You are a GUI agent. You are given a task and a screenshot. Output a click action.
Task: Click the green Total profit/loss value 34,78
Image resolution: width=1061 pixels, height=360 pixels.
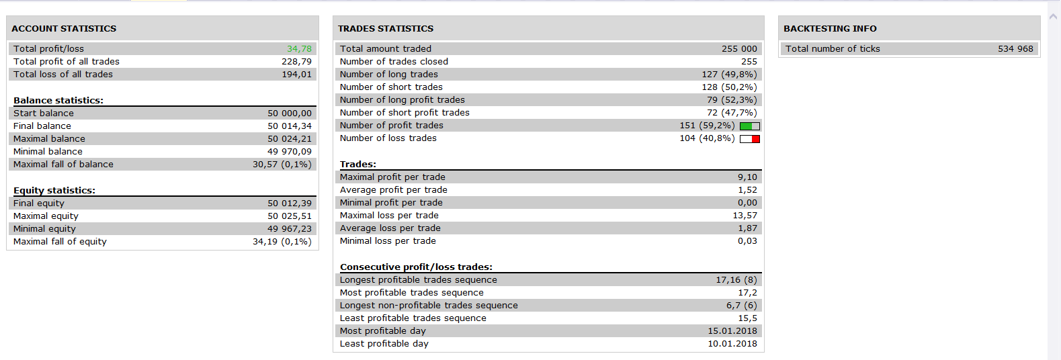[300, 49]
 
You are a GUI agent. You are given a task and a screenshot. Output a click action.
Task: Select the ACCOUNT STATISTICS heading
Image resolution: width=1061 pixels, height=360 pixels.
[64, 28]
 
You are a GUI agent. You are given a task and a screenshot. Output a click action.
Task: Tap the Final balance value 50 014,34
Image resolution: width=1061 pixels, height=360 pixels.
[290, 126]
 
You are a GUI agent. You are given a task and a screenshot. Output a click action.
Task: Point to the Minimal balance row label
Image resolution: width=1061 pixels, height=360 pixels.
[48, 152]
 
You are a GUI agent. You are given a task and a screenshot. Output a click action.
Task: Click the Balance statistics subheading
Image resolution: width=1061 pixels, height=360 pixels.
[58, 101]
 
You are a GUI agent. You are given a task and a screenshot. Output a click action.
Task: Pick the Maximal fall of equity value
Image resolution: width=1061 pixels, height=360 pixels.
[282, 242]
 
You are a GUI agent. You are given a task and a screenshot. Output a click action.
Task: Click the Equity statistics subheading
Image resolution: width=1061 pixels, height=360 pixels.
[54, 191]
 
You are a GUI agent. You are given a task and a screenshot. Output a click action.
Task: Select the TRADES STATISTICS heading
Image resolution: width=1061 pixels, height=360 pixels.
[386, 28]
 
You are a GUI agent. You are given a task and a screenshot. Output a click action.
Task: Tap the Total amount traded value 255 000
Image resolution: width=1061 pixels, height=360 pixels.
[739, 49]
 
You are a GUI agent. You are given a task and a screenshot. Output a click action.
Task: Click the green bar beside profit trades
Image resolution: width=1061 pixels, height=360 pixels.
[746, 126]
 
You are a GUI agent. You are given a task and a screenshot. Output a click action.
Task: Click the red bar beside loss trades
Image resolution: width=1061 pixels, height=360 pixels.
[755, 139]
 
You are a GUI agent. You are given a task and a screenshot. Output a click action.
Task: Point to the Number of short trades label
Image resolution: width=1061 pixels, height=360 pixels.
[391, 87]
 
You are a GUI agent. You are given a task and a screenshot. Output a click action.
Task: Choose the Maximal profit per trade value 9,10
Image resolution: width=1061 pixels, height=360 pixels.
[747, 177]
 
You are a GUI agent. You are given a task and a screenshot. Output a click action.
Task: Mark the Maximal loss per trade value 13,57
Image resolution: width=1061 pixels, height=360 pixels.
[745, 216]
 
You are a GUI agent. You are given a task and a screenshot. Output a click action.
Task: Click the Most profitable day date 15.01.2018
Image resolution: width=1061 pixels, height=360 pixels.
[732, 331]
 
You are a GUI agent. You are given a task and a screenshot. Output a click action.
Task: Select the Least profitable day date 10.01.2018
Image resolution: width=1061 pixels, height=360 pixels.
[732, 344]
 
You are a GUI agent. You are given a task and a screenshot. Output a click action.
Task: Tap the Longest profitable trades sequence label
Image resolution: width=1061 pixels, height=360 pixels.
[418, 280]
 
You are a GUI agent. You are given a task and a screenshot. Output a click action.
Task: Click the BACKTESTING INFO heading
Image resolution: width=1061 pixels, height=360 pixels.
[830, 28]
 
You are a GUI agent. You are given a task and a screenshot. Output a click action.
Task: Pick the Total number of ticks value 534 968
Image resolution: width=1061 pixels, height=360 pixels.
[1015, 49]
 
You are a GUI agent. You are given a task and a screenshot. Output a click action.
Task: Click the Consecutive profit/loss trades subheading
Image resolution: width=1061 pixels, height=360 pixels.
[417, 267]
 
